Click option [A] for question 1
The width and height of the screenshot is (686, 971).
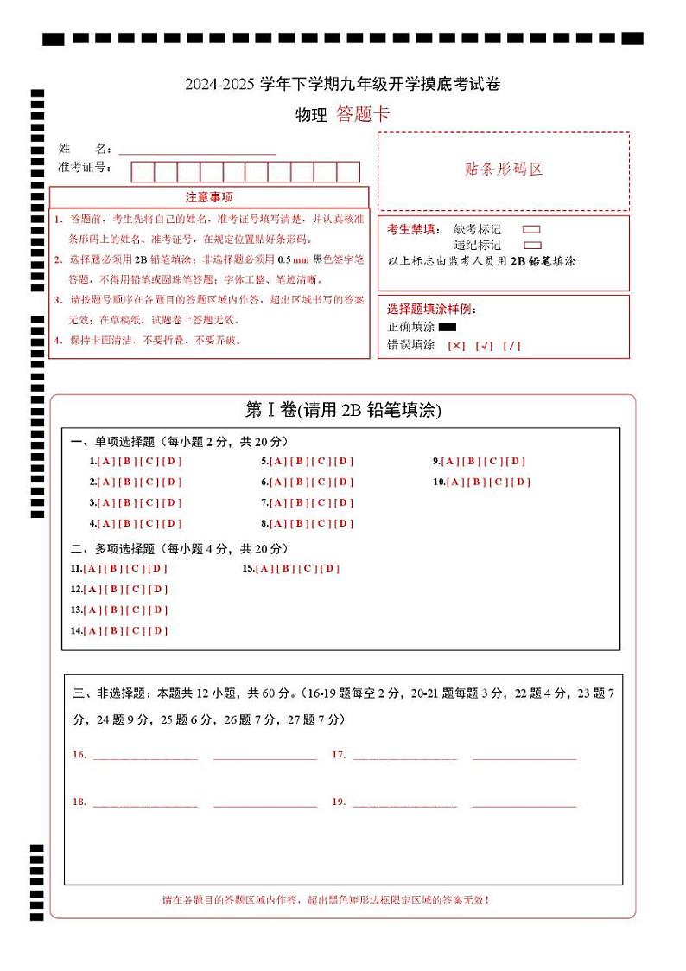pyautogui.click(x=106, y=461)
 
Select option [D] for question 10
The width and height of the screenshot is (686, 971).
pyautogui.click(x=521, y=482)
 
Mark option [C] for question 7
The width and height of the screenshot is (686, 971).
pyautogui.click(x=321, y=502)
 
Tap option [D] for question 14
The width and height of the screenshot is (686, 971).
pyautogui.click(x=157, y=630)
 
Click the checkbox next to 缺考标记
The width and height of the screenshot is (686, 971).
pyautogui.click(x=532, y=230)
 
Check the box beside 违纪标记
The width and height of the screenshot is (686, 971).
pyautogui.click(x=532, y=245)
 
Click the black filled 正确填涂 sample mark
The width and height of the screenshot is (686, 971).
pyautogui.click(x=447, y=328)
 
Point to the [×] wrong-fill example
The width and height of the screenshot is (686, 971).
pyautogui.click(x=456, y=346)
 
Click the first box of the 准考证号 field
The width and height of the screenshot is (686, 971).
pyautogui.click(x=143, y=171)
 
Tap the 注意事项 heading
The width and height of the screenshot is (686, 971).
pyautogui.click(x=209, y=197)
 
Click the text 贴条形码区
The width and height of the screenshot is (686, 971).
pyautogui.click(x=504, y=169)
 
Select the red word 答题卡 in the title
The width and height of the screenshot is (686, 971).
pyautogui.click(x=363, y=115)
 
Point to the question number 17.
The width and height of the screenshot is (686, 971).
pyautogui.click(x=339, y=755)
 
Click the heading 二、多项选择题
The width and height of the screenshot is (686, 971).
pyautogui.click(x=112, y=549)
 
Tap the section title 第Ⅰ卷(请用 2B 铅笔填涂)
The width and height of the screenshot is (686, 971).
pyautogui.click(x=343, y=411)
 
